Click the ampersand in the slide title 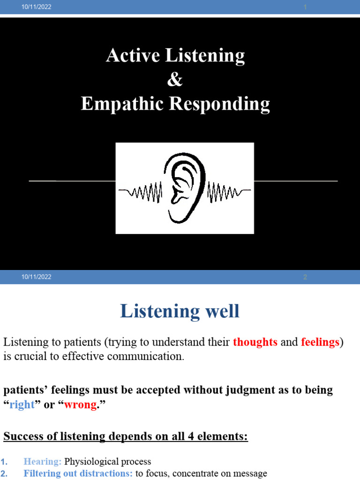coord(175,80)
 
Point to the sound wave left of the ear coord(141,191)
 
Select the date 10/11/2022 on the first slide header coord(37,7)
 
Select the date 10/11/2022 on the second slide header coord(37,277)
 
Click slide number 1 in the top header coord(305,7)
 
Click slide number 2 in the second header coord(305,277)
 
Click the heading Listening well coord(180,311)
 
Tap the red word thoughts coord(255,342)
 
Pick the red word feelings coord(320,342)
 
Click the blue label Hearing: coord(43,462)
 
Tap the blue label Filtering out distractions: coord(78,473)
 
